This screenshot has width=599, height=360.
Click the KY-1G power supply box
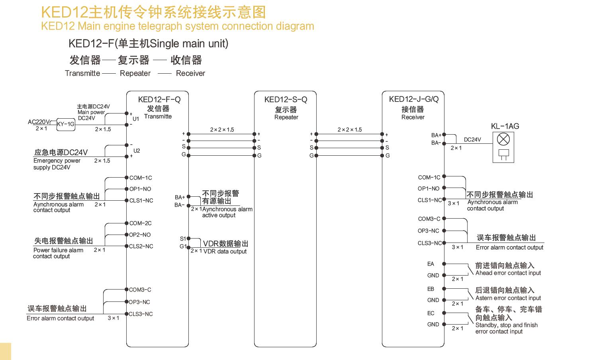pos(66,124)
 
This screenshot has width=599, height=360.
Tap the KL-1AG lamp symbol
pos(504,139)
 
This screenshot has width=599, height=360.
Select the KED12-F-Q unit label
pos(159,100)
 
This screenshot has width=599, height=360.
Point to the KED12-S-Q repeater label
pos(286,100)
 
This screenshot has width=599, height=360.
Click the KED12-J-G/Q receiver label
pos(413,99)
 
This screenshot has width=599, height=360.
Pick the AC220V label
pos(39,122)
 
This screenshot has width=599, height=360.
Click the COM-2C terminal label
pos(140,223)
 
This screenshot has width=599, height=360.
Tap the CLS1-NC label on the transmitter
pos(141,201)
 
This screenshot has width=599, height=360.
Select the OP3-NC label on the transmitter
pos(139,302)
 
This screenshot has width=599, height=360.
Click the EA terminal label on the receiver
pos(431,264)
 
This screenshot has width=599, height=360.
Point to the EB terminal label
pos(431,289)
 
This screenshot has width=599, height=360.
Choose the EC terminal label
pos(431,313)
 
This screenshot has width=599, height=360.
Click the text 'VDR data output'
pos(225,252)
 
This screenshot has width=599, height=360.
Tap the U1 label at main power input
pos(136,119)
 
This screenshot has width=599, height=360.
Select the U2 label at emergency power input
pos(137,151)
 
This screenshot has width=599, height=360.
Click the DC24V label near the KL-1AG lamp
pos(472,140)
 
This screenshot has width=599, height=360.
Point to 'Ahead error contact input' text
pos(508,273)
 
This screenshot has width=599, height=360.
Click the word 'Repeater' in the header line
pos(135,73)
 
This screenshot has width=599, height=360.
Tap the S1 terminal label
pos(183,239)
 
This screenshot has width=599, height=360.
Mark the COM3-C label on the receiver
pos(429,219)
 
